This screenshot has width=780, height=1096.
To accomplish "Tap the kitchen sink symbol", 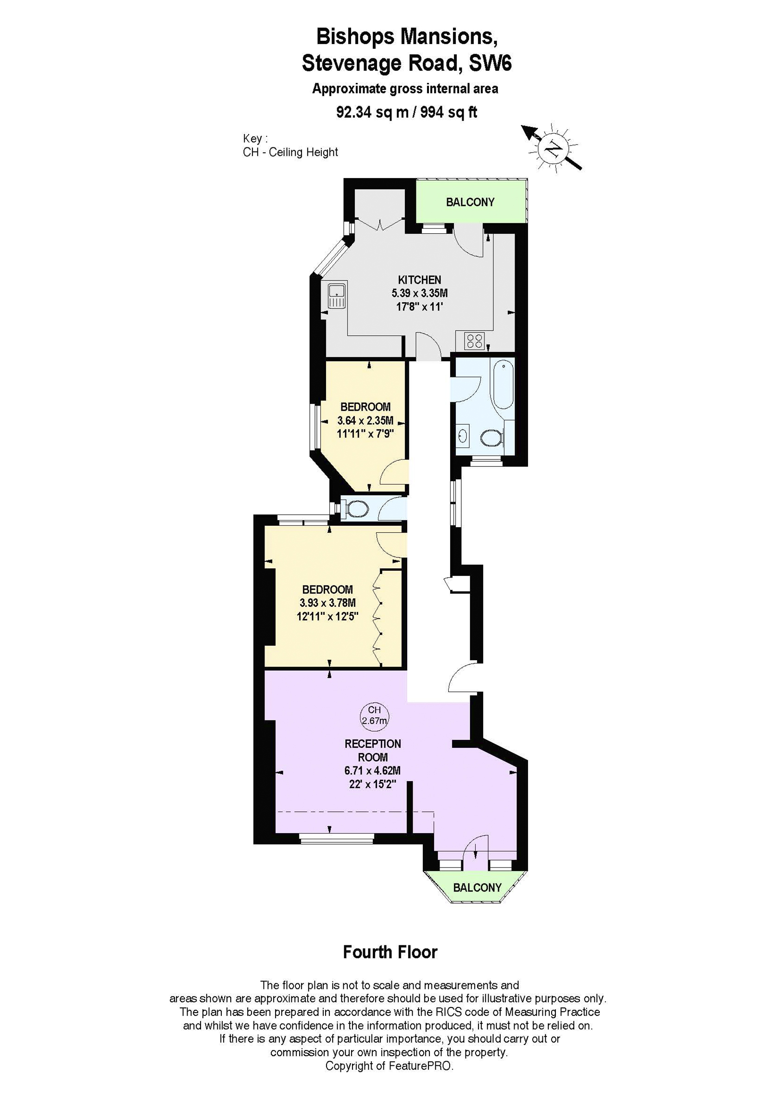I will [337, 295].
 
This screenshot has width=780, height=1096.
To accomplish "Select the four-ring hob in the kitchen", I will [475, 341].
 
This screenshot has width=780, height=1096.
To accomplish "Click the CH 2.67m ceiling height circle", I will [374, 715].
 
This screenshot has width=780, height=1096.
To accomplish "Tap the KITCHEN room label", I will [419, 280].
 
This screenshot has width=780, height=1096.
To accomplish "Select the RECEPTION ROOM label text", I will [373, 751].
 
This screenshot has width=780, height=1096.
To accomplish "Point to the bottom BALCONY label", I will [477, 887].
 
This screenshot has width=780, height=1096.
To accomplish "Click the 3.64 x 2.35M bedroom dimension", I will [365, 421].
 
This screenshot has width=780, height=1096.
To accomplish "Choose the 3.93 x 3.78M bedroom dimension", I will [327, 603].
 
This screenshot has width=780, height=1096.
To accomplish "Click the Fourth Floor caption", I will [390, 952].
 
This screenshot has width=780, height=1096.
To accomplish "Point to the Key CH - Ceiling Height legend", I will [290, 146].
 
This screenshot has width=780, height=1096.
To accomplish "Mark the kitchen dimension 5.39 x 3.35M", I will [419, 293].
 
